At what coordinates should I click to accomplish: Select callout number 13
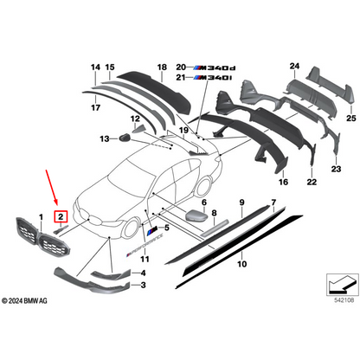coord(103,137)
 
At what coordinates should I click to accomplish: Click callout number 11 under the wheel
coord(145,259)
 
